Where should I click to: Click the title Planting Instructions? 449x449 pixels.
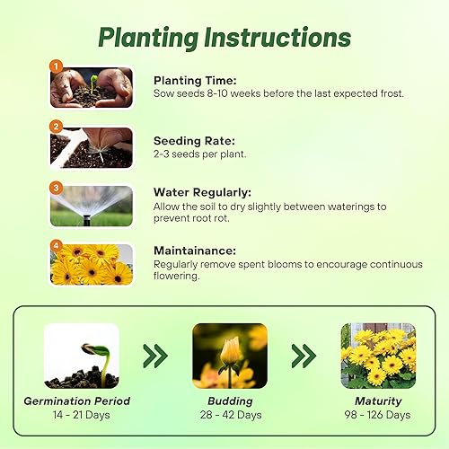(x=224, y=38)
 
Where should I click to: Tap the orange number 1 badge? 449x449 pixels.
(x=56, y=66)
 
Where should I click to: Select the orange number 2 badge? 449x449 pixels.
(x=56, y=127)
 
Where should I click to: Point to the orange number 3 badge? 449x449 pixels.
(x=56, y=188)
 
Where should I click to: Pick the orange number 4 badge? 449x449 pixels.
(x=56, y=245)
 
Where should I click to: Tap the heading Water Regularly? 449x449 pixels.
(x=201, y=192)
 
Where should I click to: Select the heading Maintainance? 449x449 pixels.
(x=195, y=251)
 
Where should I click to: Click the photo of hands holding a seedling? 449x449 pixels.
(x=92, y=88)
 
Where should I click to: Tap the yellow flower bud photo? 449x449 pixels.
(x=231, y=354)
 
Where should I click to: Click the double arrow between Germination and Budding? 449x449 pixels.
(x=155, y=357)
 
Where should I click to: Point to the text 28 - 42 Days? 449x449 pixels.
(x=230, y=415)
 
